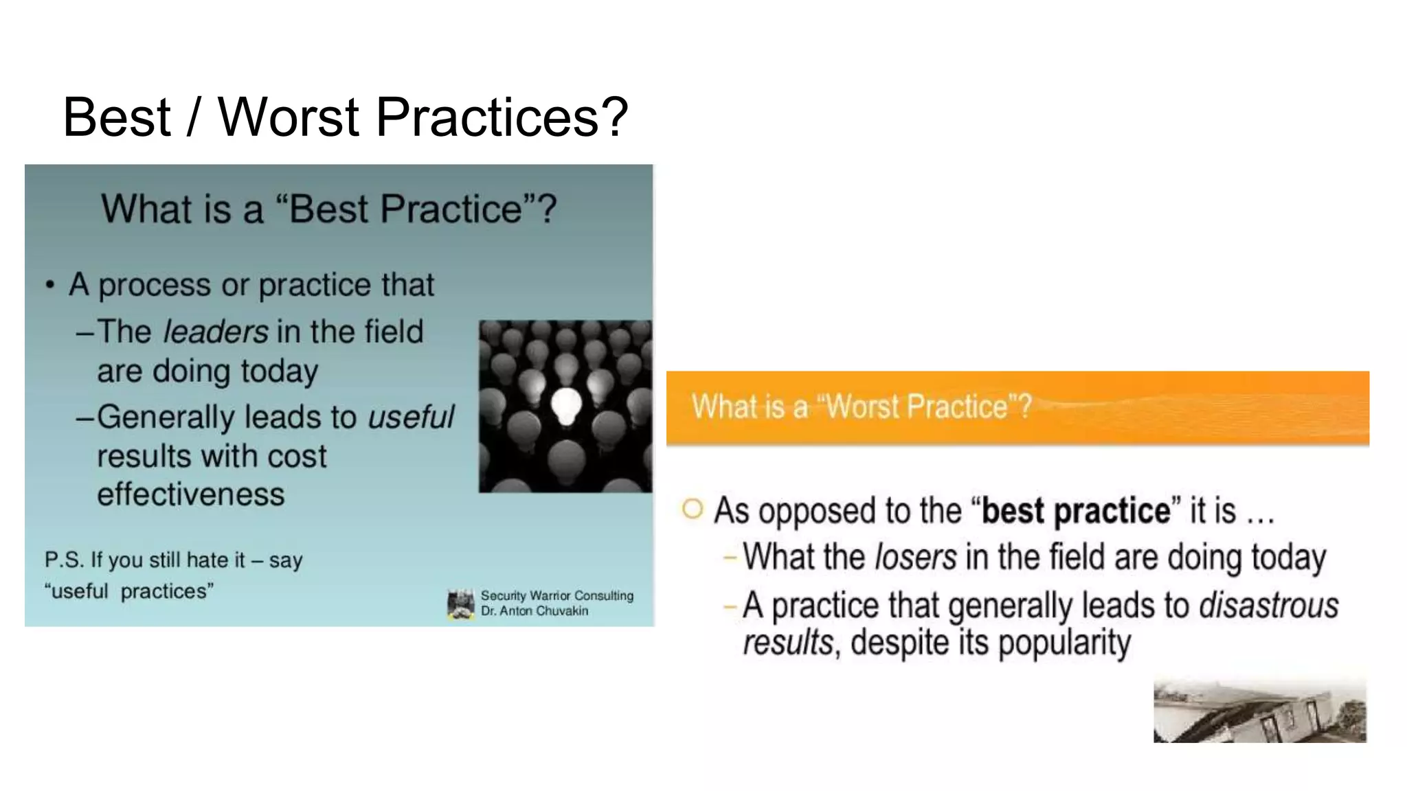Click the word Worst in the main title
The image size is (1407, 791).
pos(289,117)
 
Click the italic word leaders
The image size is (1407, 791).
pos(216,332)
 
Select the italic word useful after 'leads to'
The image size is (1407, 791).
pos(411,417)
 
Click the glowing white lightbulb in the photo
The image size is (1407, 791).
pos(567,405)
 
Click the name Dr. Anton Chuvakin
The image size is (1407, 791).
pos(534,611)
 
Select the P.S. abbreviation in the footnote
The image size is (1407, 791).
pos(64,560)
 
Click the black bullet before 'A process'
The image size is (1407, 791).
pos(49,285)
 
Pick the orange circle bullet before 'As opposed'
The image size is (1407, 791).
pos(693,509)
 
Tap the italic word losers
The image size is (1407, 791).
pos(915,557)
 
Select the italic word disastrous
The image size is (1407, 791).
pos(1268,606)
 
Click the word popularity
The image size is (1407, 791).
pos(1063,643)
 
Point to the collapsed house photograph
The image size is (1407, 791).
pos(1259,711)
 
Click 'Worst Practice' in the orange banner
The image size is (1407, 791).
pos(916,406)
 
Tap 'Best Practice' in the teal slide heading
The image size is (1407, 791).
pos(405,209)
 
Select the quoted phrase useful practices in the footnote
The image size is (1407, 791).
pos(128,591)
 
